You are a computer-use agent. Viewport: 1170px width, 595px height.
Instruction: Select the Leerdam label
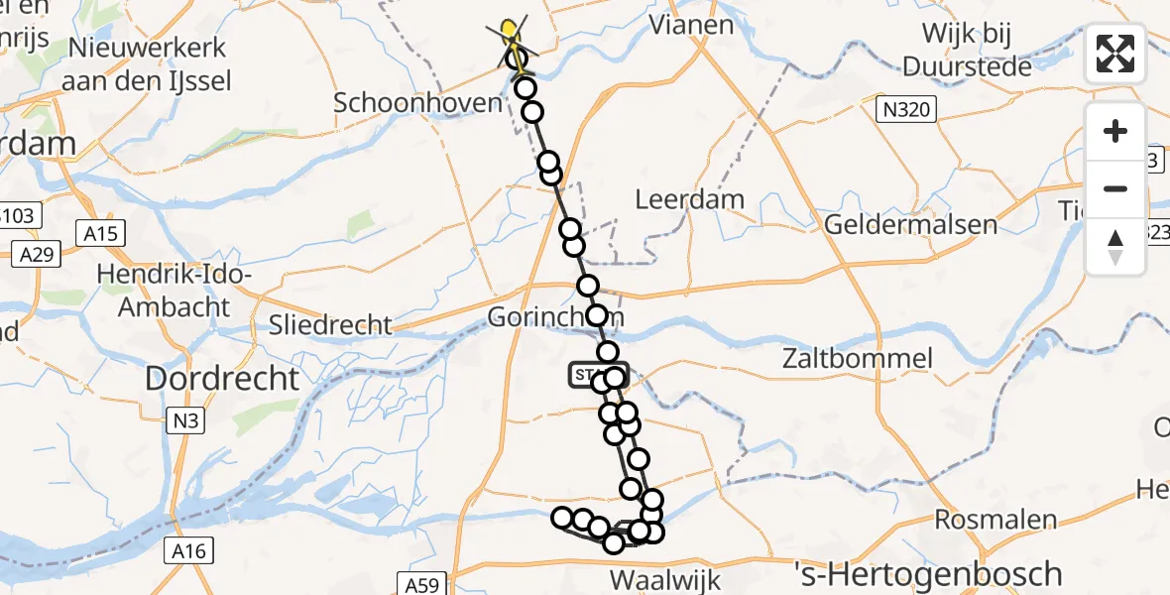tap(689, 198)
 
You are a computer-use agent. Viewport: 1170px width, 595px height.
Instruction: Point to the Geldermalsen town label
tap(911, 224)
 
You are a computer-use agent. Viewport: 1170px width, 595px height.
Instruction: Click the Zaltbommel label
tap(858, 358)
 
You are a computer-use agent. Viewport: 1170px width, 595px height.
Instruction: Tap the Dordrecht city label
tap(222, 378)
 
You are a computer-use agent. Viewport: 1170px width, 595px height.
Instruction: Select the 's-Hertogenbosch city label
tap(929, 573)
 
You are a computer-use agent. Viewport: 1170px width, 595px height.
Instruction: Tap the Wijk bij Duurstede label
tap(967, 50)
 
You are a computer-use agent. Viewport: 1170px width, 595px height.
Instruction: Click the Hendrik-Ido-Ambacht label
tap(174, 292)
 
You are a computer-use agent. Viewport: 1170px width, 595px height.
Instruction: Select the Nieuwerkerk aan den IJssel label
tap(147, 63)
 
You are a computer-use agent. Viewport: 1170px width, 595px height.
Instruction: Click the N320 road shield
tap(907, 109)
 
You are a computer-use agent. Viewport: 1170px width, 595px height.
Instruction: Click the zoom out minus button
tap(1115, 188)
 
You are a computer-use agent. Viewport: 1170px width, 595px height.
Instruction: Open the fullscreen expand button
tap(1115, 54)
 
